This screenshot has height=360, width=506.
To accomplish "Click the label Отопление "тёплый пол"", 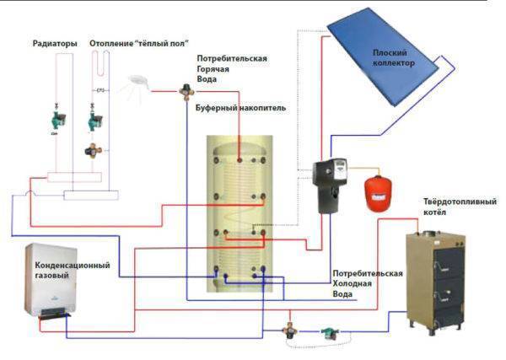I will (138, 42).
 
